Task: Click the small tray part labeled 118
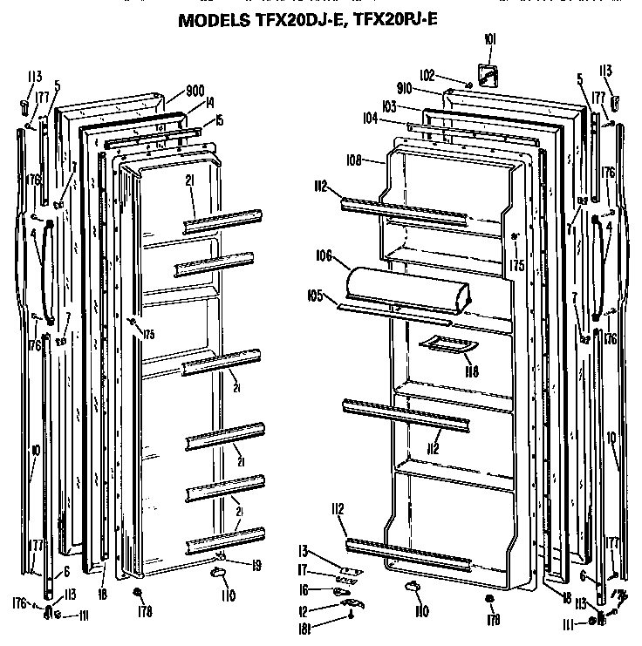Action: (445, 345)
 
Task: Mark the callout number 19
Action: (256, 565)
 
